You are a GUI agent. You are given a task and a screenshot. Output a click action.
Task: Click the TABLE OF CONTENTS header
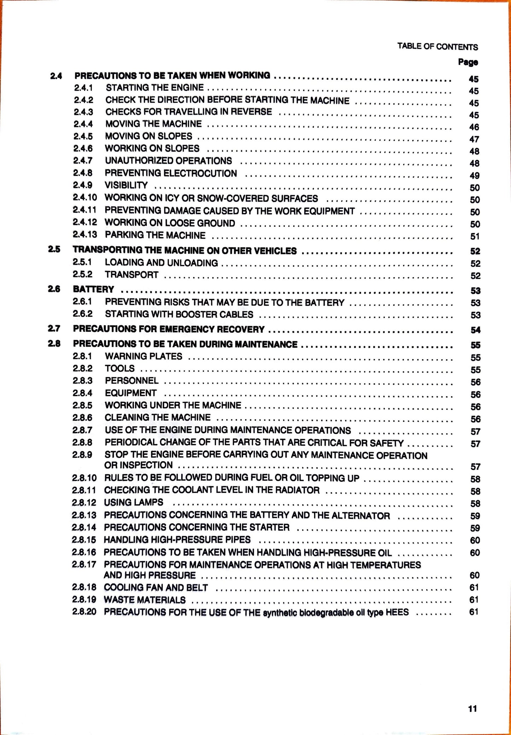coord(437,46)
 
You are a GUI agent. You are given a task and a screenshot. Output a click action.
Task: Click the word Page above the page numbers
coord(468,62)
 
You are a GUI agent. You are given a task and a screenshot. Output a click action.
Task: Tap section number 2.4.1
coord(83,87)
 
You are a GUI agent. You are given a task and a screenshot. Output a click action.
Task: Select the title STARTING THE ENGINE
coord(155,87)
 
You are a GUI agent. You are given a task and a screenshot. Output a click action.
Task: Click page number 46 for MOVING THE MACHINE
coord(474,127)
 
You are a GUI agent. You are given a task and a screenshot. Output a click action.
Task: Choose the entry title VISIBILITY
coord(126,185)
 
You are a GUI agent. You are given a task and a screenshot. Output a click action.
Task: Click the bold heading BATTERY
coord(93,289)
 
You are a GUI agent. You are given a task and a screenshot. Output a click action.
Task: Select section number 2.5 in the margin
coord(54,249)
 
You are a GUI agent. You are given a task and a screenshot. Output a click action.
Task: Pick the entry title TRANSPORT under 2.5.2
coord(132,275)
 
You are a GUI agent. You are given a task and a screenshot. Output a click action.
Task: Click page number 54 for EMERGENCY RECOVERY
coord(475,330)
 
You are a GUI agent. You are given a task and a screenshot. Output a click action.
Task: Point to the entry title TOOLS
coord(120,368)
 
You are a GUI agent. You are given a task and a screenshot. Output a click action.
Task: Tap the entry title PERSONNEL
coord(132,381)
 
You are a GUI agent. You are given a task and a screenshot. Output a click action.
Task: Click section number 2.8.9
coord(82,454)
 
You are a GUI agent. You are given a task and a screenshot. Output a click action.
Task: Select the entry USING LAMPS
coord(134,502)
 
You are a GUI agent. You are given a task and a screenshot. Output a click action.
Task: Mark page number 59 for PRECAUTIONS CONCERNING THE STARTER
coord(475,528)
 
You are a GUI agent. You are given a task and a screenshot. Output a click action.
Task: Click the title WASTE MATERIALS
coord(145,600)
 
